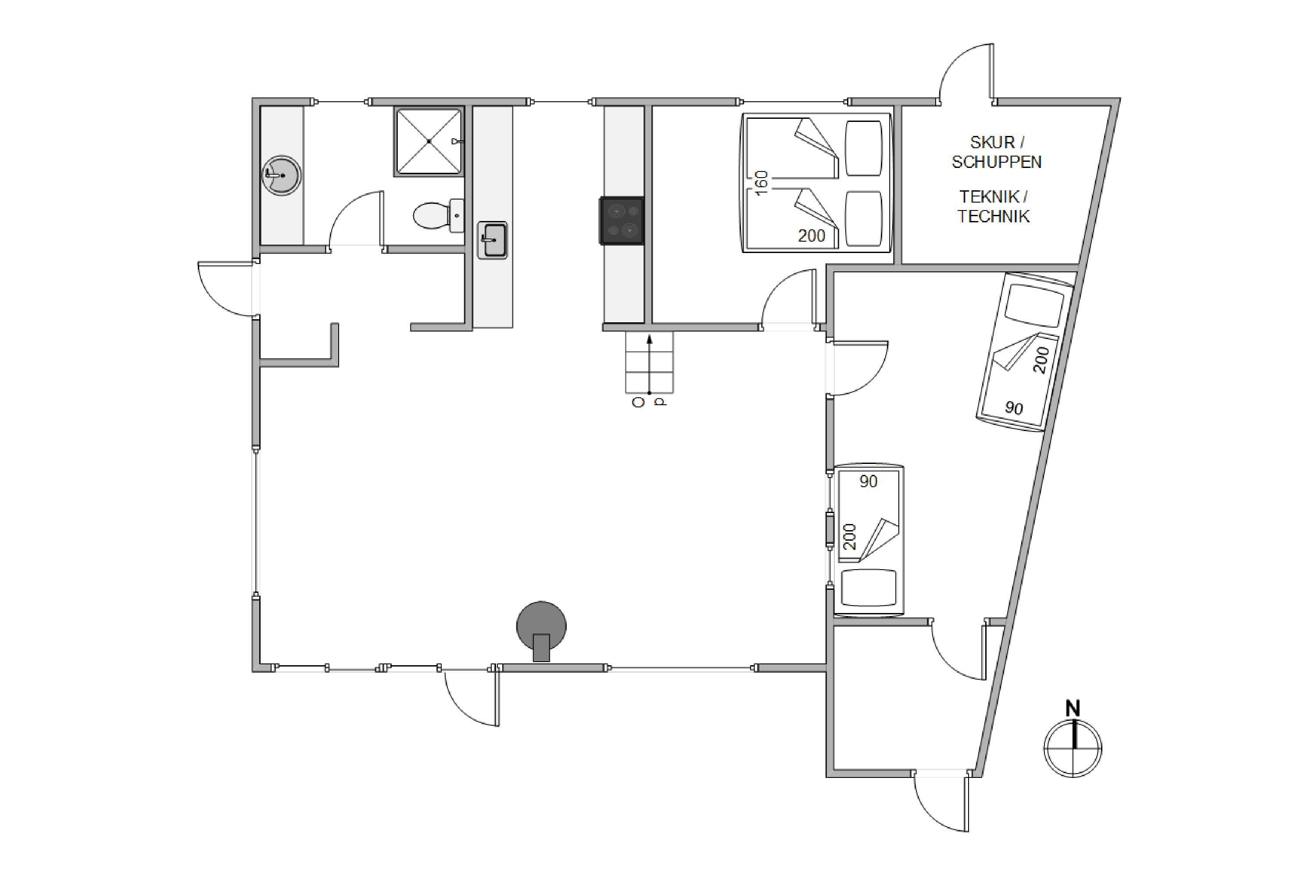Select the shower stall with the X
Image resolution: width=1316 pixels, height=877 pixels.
(429, 142)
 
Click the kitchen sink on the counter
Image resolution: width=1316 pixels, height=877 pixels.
(492, 240)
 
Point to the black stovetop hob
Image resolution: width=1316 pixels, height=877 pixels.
(622, 221)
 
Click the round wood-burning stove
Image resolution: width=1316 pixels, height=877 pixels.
(541, 631)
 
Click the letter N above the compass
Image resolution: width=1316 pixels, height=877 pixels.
(1073, 709)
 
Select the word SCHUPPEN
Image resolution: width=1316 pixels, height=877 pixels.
(997, 162)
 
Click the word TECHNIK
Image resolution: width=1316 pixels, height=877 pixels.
(993, 217)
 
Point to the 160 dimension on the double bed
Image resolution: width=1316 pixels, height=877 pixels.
(761, 183)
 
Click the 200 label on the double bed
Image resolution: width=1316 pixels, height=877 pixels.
(811, 236)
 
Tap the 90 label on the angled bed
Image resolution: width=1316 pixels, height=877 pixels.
(1014, 408)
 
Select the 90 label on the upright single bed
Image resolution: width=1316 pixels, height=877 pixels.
(869, 481)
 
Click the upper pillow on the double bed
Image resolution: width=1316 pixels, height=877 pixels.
(863, 148)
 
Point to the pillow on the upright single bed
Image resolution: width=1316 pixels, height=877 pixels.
(869, 587)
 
